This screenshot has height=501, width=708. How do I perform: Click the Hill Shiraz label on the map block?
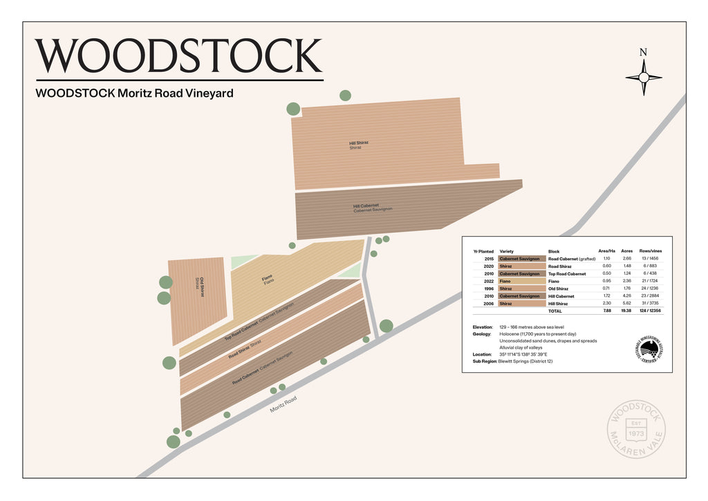pyautogui.click(x=358, y=145)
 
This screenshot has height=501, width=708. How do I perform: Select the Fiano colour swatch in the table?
pyautogui.click(x=522, y=281)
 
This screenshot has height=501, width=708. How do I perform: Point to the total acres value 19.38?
pyautogui.click(x=627, y=311)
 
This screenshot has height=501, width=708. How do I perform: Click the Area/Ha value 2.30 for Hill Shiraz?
pyautogui.click(x=606, y=303)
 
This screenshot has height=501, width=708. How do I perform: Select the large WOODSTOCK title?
pyautogui.click(x=179, y=57)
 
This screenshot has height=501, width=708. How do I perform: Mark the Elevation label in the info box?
pyautogui.click(x=483, y=327)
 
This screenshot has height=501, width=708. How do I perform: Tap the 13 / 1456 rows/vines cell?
pyautogui.click(x=649, y=258)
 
